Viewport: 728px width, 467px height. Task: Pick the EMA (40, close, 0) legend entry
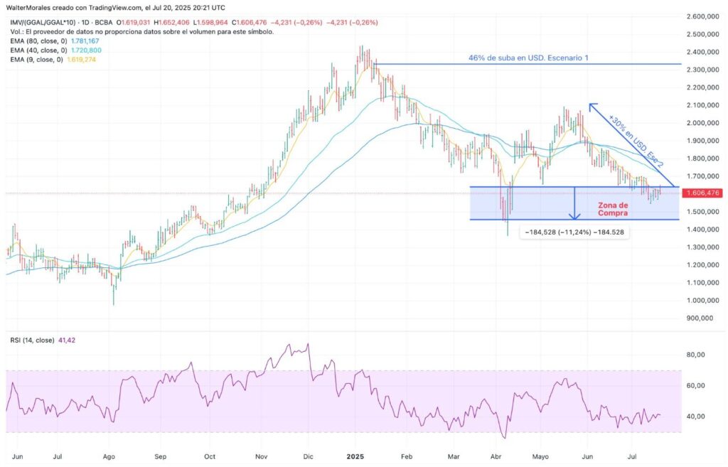tap(36, 50)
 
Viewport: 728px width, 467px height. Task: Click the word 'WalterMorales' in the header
tap(29, 7)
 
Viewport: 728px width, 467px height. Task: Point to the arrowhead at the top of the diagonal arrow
tap(591, 106)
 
